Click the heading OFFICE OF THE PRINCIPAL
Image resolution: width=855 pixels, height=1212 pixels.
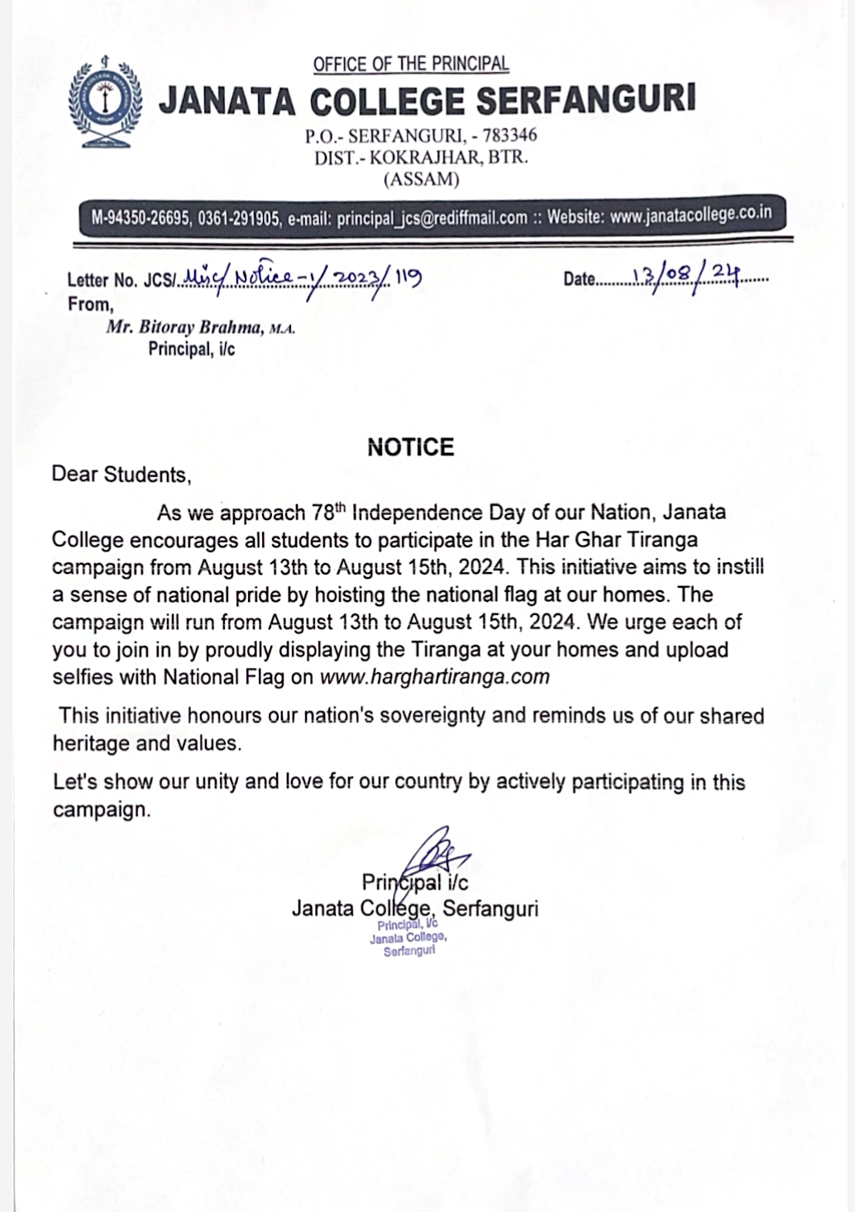coord(411,64)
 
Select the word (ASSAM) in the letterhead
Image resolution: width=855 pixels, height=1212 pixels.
coord(421,179)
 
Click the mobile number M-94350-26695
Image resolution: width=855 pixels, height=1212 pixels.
coord(141,219)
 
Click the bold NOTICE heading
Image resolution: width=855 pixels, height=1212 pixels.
coord(411,447)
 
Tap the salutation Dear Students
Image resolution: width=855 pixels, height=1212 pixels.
coord(121,475)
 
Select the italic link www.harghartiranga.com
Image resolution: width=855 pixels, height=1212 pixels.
coord(434,677)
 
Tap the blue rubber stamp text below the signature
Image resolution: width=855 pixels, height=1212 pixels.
coord(408,938)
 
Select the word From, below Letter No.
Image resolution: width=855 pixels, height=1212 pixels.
coord(90,304)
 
